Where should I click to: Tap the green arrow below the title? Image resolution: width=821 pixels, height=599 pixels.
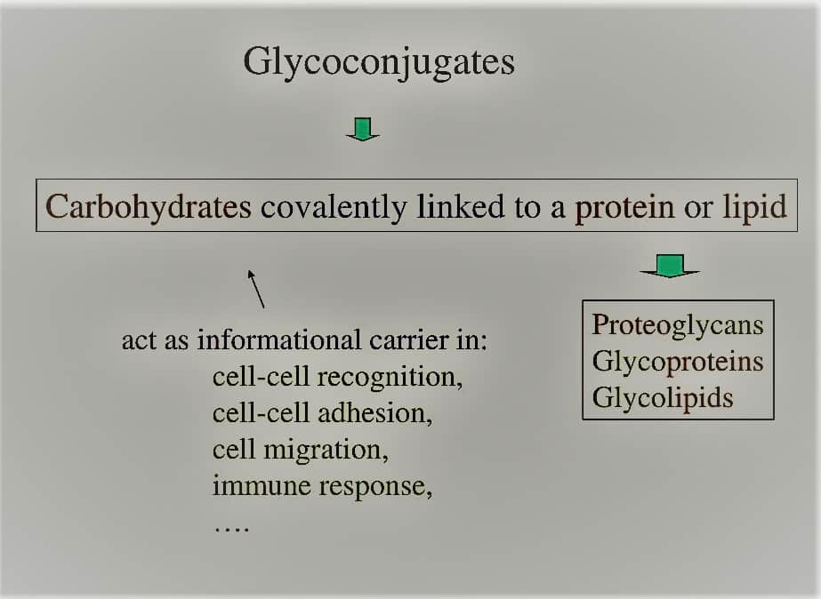(x=363, y=129)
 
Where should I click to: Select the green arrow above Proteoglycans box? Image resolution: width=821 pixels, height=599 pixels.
(x=670, y=266)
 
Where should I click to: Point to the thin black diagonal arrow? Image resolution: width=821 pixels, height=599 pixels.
(x=255, y=289)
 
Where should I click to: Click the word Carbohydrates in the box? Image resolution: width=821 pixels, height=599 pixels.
(x=149, y=206)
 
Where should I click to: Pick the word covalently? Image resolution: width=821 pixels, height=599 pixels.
(x=334, y=207)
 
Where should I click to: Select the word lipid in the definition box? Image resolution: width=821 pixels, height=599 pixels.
(x=754, y=207)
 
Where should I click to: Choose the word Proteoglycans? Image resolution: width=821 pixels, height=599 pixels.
(x=678, y=326)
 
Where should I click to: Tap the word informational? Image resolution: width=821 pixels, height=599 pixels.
(x=279, y=340)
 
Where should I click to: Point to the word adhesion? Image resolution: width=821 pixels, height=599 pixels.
(x=374, y=413)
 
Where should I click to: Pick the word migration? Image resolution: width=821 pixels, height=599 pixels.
(x=326, y=451)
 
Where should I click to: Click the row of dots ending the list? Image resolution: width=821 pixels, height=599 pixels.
(x=231, y=530)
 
